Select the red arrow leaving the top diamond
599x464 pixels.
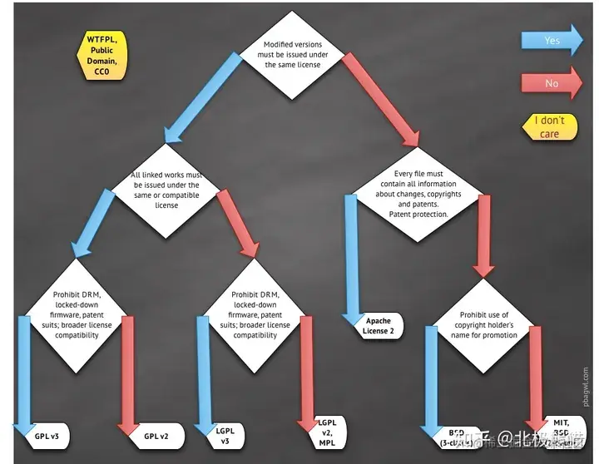coord(379,99)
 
